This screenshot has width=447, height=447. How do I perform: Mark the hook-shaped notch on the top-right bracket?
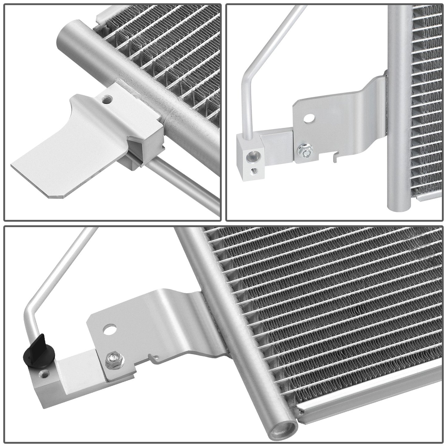334,158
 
